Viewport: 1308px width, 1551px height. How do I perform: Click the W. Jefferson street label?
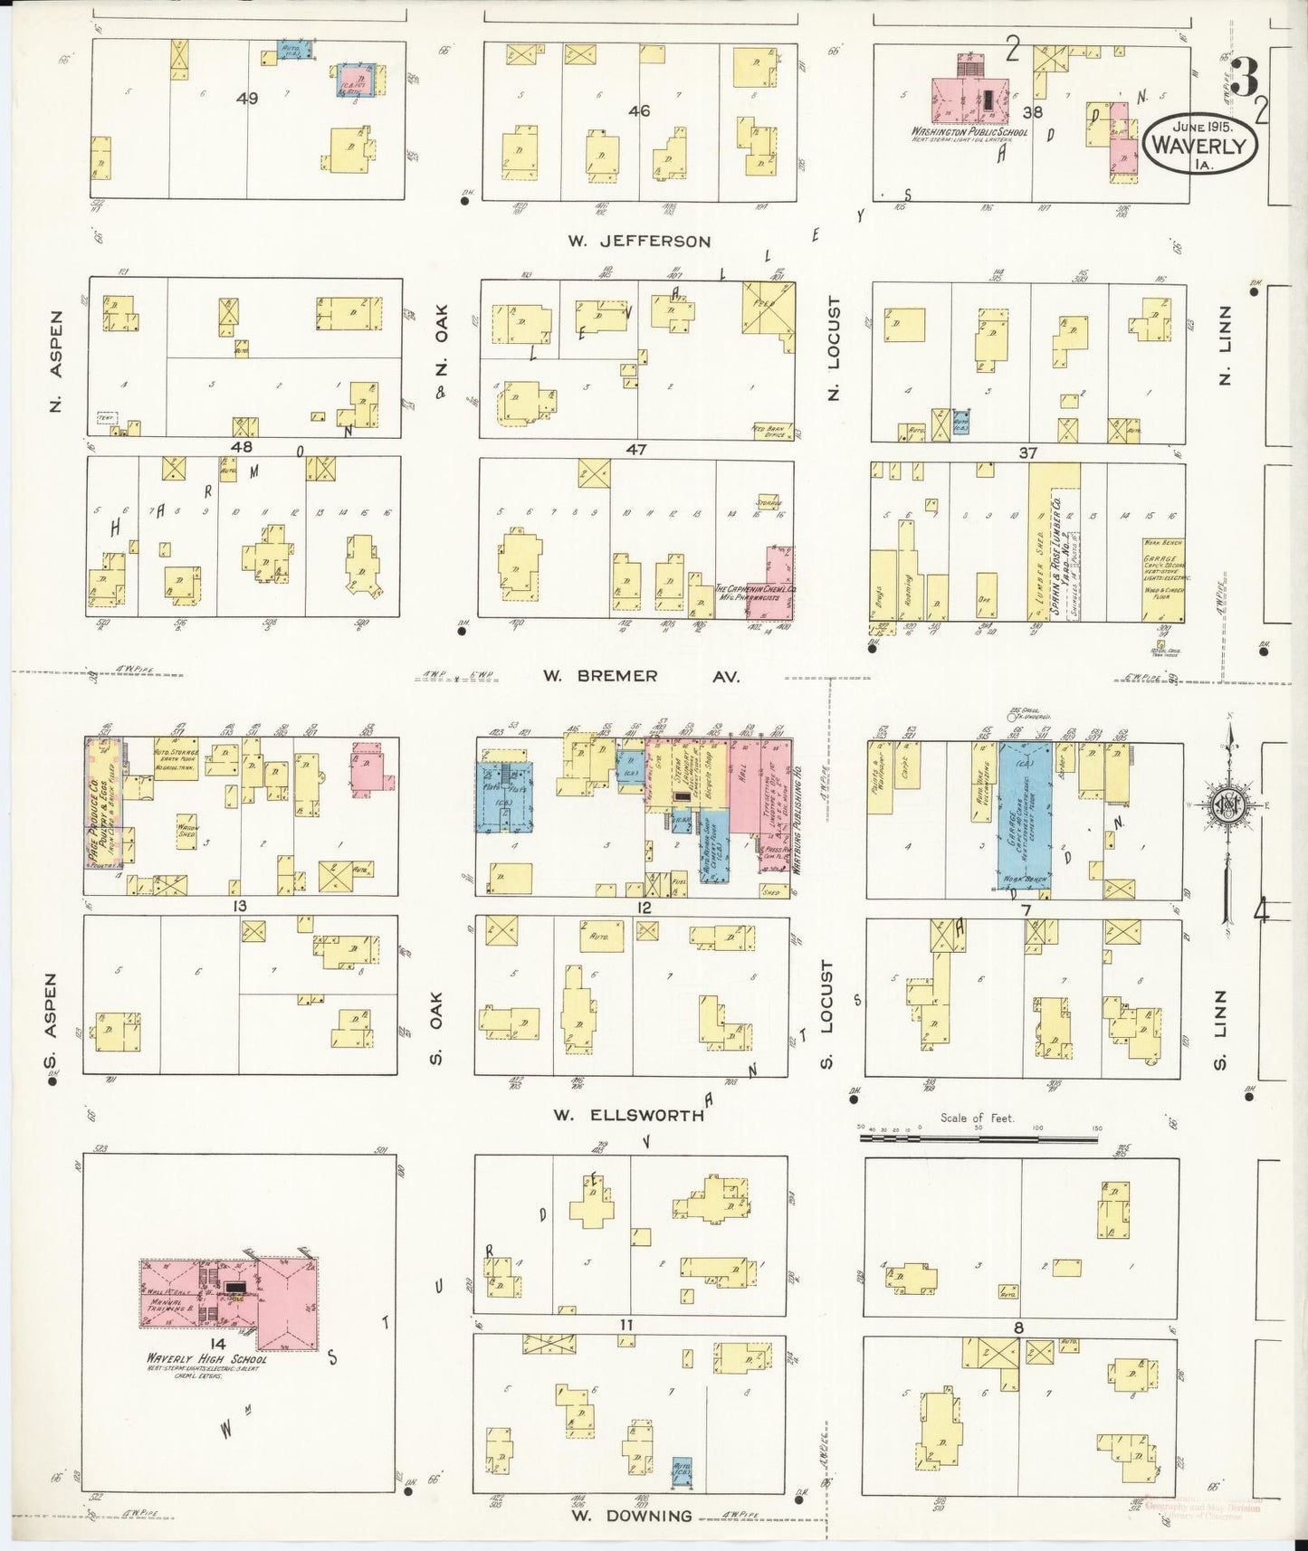[639, 242]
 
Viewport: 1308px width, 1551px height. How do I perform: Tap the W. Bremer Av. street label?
[641, 676]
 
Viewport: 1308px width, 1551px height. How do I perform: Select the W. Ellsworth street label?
[628, 1116]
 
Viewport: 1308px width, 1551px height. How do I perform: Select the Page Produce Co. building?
[104, 803]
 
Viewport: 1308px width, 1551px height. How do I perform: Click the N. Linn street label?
[1226, 356]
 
